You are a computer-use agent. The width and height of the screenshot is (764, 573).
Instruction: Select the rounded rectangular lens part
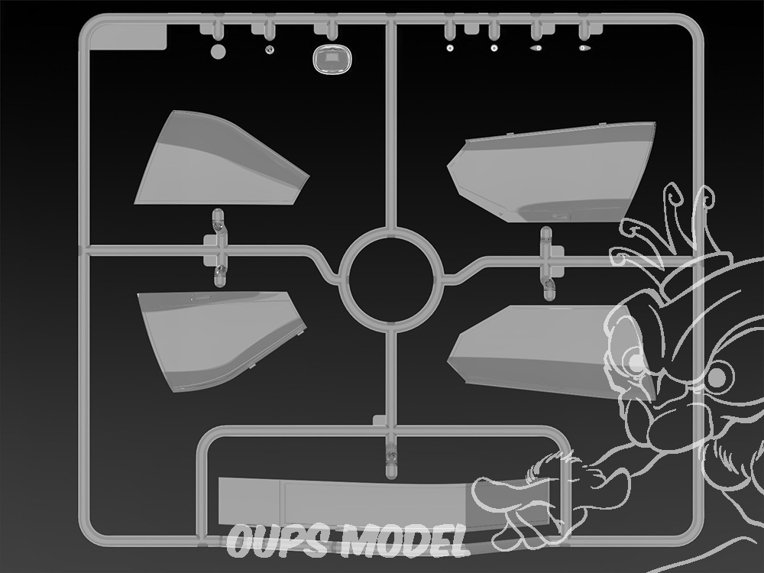point(332,60)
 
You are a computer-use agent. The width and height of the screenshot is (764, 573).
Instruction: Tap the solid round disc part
point(218,52)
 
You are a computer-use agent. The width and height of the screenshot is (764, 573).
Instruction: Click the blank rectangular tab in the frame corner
point(128,37)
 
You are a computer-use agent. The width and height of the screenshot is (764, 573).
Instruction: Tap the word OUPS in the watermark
point(277,541)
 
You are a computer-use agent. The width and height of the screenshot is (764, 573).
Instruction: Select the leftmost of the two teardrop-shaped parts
point(536,47)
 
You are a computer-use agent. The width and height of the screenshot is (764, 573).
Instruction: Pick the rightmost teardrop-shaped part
point(584,47)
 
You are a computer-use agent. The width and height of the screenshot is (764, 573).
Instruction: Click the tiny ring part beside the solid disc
point(270,49)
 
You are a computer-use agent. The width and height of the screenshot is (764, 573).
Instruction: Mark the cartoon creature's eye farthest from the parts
point(717,376)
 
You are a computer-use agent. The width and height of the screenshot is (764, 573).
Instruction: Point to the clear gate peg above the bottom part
point(391,455)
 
